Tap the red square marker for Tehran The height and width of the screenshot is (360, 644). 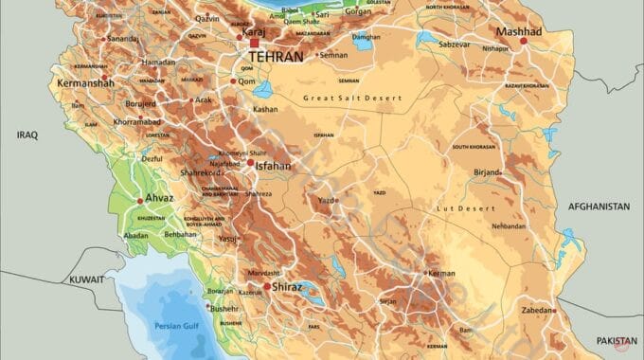point(254,43)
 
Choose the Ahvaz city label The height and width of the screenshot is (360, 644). point(158,200)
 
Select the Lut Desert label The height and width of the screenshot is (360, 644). point(460,207)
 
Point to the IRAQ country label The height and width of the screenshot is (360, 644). point(27,135)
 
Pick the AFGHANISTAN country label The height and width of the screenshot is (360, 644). point(599,206)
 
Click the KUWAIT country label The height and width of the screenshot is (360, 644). point(86,280)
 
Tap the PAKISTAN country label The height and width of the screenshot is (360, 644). point(617,339)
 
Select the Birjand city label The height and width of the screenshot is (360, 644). point(487,173)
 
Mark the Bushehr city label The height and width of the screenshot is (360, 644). point(224,308)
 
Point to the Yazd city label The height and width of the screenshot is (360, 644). point(328,201)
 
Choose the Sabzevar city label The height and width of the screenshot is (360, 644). point(454,45)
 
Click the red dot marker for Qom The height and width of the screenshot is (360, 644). point(233,81)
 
